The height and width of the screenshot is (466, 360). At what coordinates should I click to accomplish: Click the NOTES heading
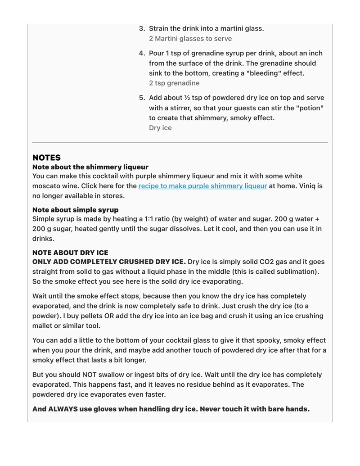tap(46, 158)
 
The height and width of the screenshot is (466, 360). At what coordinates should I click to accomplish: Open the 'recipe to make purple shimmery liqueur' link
tap(202, 186)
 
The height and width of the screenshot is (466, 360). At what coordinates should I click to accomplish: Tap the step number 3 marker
tap(142, 28)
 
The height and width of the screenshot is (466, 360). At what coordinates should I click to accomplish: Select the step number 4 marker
tap(142, 53)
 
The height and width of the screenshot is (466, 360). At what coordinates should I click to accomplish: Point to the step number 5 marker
tap(142, 98)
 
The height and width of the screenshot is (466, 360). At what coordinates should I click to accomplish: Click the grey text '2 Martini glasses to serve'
tap(190, 39)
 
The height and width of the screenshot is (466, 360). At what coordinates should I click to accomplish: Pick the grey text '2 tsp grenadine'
tap(174, 83)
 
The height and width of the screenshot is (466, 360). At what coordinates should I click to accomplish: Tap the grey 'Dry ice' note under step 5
tap(160, 128)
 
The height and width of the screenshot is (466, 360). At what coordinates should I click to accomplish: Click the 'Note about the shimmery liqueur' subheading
tap(90, 167)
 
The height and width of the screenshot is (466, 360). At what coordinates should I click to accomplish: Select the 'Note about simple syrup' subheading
tap(76, 210)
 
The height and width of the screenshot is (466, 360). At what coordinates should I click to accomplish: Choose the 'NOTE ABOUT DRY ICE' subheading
tap(70, 253)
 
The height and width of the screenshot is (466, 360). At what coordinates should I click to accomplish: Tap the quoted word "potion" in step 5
tap(310, 108)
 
